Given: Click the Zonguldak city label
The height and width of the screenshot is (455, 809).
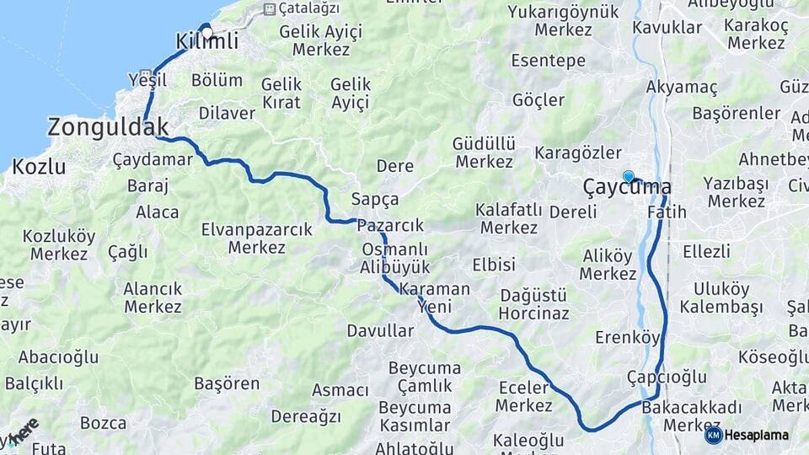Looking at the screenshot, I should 108,127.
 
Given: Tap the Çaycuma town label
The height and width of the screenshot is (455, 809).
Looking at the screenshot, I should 628,188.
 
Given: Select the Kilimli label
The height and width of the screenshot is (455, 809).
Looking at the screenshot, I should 207,40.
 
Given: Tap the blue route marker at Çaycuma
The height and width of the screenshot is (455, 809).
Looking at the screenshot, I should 628,176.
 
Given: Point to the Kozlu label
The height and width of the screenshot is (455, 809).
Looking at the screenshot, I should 39,166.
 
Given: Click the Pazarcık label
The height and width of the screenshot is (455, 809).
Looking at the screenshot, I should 390,226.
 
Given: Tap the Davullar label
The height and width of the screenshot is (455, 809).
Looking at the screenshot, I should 380,331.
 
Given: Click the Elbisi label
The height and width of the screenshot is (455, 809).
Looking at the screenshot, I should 494,265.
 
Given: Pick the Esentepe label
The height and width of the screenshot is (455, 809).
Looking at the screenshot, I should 548,61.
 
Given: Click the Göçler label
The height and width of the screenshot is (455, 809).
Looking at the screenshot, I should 538,100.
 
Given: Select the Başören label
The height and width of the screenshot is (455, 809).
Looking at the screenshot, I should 227,383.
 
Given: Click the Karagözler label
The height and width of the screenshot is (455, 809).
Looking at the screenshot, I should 577,153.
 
